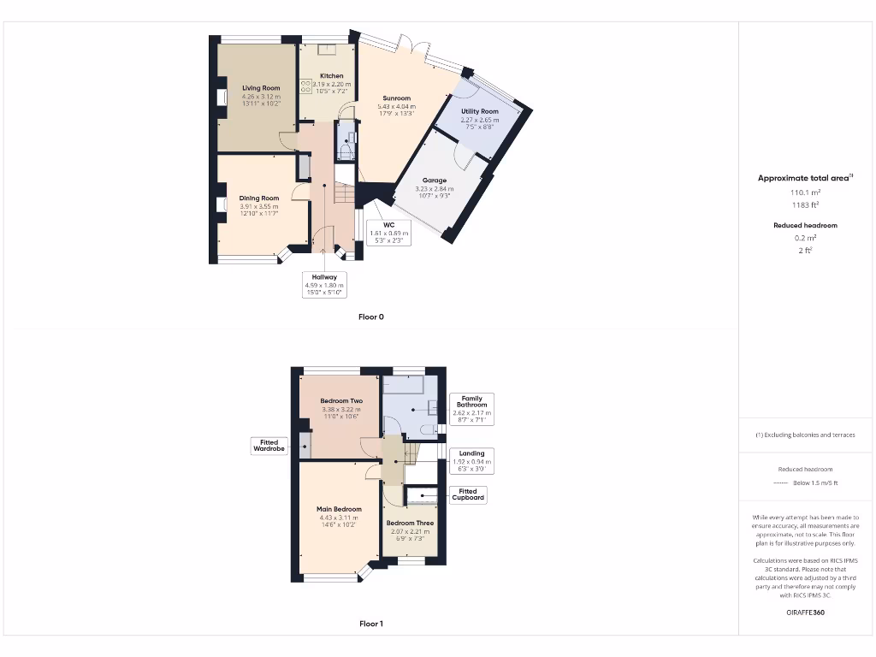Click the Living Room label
point(261,88)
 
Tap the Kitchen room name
point(331,76)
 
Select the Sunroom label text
point(396,98)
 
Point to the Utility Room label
point(479,111)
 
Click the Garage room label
point(435,181)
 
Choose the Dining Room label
point(259,198)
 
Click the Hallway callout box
point(324,282)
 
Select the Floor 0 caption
point(370,317)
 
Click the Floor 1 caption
point(370,624)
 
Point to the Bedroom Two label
point(341,401)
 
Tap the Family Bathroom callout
point(471,408)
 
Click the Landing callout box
point(471,460)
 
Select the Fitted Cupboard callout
point(468,494)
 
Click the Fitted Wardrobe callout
point(268,446)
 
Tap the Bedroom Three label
point(410,523)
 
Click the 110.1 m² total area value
point(803,193)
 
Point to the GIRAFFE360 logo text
point(804,613)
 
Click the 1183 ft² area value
point(803,205)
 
